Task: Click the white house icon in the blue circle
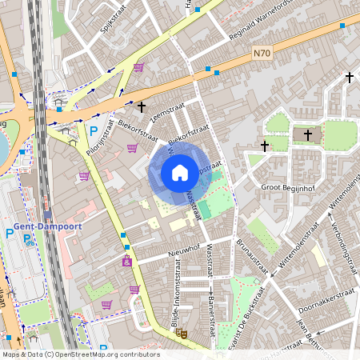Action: click(180, 173)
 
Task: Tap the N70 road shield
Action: click(262, 54)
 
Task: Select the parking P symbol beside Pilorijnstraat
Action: click(93, 130)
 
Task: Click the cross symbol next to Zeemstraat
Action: click(142, 106)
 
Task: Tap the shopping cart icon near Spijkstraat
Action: click(139, 67)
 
